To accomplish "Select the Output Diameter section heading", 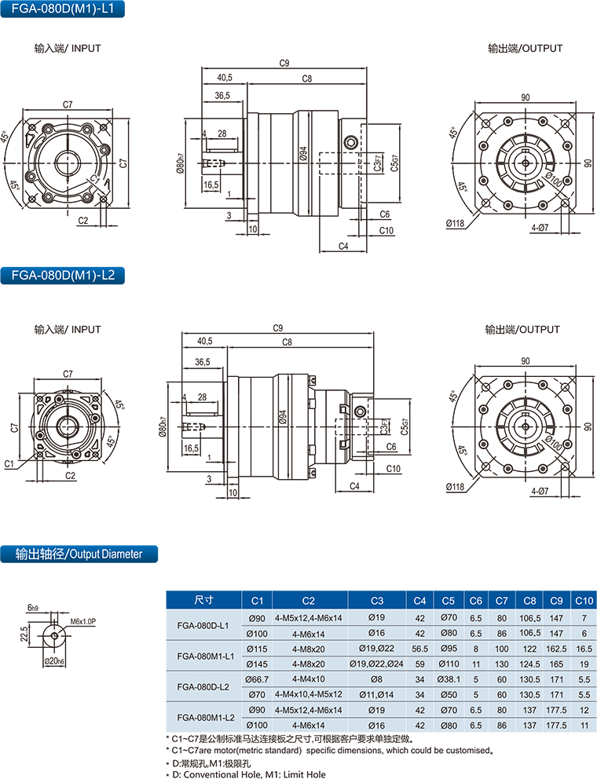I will [x=79, y=554].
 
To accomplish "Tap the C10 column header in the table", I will [x=584, y=600].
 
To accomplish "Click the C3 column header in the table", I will [x=376, y=600].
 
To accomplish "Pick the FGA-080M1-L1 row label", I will [x=203, y=656].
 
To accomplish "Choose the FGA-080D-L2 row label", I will [x=203, y=686].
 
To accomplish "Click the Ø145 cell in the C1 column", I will [x=258, y=664].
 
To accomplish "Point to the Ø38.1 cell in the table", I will [x=449, y=678].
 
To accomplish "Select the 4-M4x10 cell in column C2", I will [x=308, y=678].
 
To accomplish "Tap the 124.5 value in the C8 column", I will [x=530, y=664].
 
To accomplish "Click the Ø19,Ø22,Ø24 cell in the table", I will [x=376, y=664].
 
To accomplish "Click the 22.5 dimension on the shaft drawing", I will [x=24, y=633].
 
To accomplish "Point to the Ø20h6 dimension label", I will [x=54, y=661].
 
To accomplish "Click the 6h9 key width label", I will [x=32, y=608].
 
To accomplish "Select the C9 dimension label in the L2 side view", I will [x=277, y=328].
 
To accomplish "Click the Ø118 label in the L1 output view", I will [x=455, y=224].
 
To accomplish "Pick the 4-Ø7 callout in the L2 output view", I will [x=540, y=492].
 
